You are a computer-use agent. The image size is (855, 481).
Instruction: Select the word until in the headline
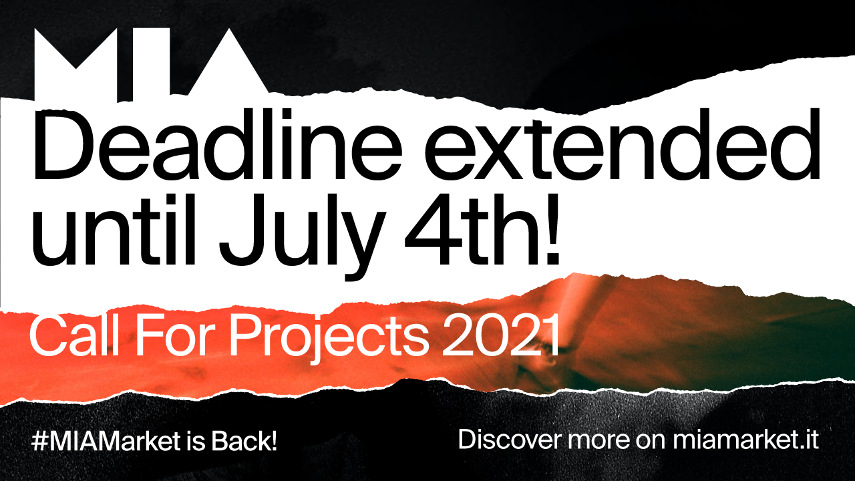click(114, 229)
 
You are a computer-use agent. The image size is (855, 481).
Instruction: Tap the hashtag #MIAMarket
click(106, 442)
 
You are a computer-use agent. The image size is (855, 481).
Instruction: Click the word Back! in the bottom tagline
click(244, 442)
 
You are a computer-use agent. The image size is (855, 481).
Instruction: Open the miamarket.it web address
click(745, 440)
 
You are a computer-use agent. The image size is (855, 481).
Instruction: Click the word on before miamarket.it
click(651, 441)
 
